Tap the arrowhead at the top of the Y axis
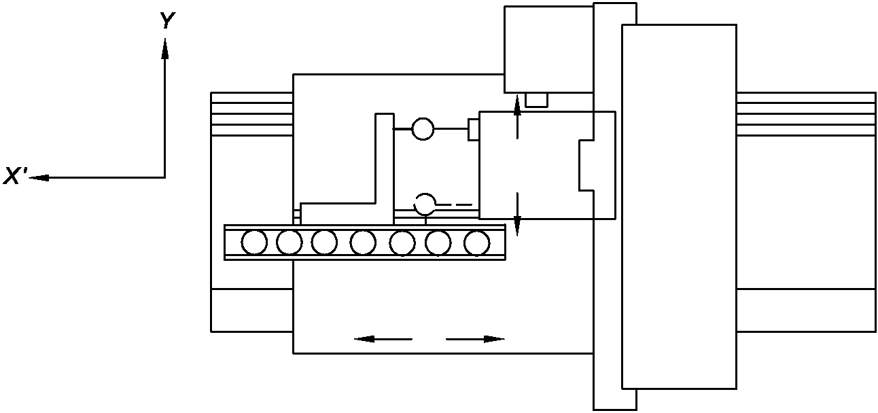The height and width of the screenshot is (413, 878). click(164, 48)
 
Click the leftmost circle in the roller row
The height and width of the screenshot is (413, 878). click(254, 243)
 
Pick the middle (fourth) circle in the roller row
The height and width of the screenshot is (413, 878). click(363, 243)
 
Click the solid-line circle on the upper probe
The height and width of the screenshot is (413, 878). click(423, 128)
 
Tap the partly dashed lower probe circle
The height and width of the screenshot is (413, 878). click(425, 203)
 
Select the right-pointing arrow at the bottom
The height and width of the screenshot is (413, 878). click(493, 338)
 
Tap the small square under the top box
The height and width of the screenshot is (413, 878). click(536, 100)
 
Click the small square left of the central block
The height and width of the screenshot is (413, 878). click(474, 129)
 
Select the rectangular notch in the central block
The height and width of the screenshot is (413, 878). click(586, 164)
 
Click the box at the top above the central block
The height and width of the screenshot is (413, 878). click(548, 49)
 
